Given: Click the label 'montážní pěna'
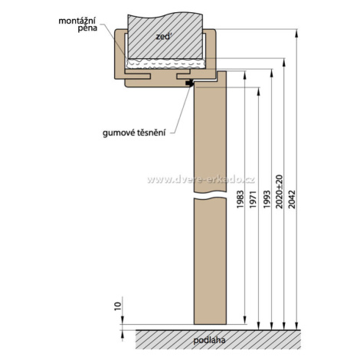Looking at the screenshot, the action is pyautogui.click(x=78, y=24).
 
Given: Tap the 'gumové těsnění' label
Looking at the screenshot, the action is pyautogui.click(x=134, y=133).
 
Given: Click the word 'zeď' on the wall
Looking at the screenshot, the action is pyautogui.click(x=162, y=37).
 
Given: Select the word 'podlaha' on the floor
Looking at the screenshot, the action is pyautogui.click(x=209, y=340).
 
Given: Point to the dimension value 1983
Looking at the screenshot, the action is pyautogui.click(x=241, y=199).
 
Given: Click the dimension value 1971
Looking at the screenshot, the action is pyautogui.click(x=252, y=199).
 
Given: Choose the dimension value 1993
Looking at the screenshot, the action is pyautogui.click(x=267, y=199).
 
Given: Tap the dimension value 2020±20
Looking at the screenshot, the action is pyautogui.click(x=280, y=191).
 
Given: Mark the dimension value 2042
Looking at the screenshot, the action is pyautogui.click(x=291, y=199).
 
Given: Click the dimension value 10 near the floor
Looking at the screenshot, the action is pyautogui.click(x=117, y=306).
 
